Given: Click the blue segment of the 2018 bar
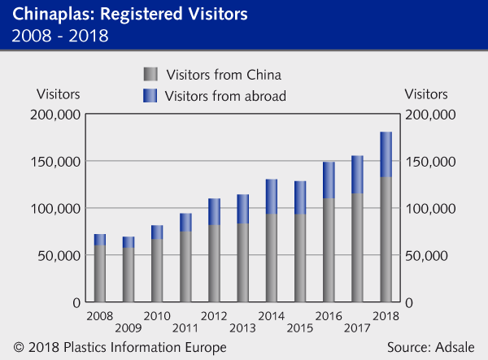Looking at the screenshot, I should (x=386, y=154).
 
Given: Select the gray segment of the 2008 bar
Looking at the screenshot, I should (x=100, y=273).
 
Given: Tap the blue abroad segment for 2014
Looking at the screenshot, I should (x=272, y=196).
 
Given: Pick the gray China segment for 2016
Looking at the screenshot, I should (x=329, y=249).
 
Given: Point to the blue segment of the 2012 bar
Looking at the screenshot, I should (x=215, y=211).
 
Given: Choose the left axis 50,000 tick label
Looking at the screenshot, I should (x=59, y=255).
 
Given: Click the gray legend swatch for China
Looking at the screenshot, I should (x=150, y=73).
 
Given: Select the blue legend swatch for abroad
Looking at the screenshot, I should (x=150, y=96).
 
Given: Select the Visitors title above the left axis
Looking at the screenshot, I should (x=59, y=92).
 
